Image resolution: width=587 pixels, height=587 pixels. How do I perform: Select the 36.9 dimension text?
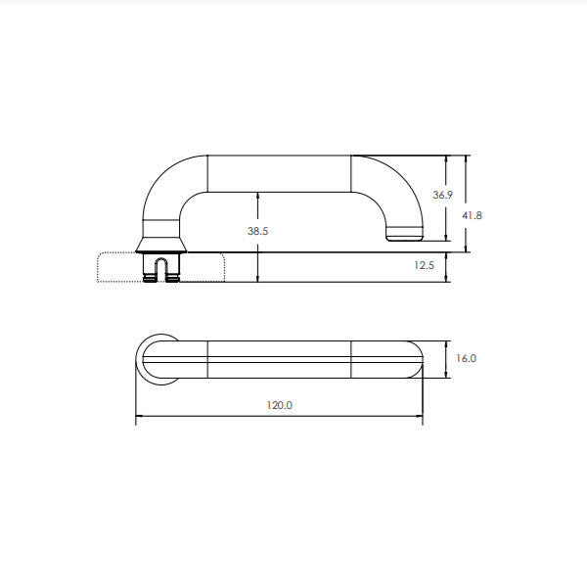click(442, 196)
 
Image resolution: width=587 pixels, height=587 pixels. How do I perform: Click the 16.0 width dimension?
click(467, 358)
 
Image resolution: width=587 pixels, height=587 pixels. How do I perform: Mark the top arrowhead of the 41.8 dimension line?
click(467, 158)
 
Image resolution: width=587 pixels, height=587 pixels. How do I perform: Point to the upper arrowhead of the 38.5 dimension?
click(257, 195)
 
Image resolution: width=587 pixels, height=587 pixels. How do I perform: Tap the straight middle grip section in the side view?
click(280, 172)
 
